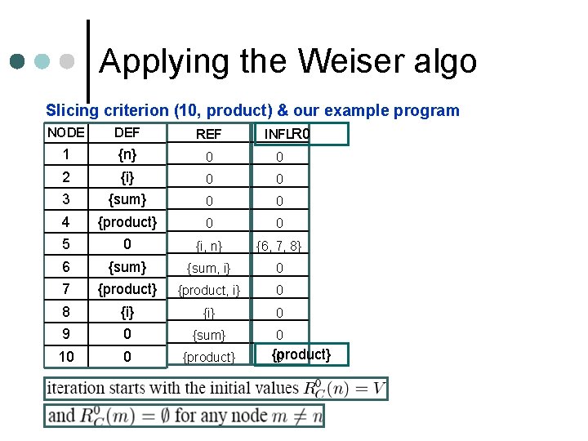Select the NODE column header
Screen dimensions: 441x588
(66, 132)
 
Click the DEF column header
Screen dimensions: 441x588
(127, 132)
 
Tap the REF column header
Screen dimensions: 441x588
(209, 134)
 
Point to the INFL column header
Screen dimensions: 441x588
(278, 133)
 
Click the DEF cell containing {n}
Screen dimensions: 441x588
(127, 154)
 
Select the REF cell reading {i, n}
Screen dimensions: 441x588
(209, 245)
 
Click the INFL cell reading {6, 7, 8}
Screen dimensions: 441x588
(279, 245)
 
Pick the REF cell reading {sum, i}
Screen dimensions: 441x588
(209, 268)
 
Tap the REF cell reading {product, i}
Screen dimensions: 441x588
(209, 290)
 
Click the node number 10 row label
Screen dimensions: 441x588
(66, 356)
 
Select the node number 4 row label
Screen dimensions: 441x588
(66, 221)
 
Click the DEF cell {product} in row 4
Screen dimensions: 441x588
(127, 221)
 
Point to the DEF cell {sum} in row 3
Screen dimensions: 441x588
(127, 198)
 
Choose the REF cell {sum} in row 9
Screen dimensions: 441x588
(209, 335)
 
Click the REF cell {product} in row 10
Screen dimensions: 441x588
(209, 357)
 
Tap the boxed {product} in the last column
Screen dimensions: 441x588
(301, 354)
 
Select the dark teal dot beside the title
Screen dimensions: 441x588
(17, 61)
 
